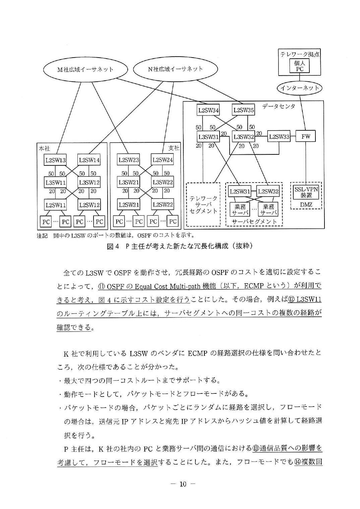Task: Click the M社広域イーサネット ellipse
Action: tap(85, 69)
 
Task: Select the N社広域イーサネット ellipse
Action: tap(175, 69)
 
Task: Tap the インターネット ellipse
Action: tap(300, 88)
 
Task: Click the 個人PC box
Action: tap(300, 66)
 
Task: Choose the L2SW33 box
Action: tap(279, 136)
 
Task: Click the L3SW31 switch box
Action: tap(208, 137)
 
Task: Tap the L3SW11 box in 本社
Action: tap(55, 183)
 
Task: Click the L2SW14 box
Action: tap(89, 160)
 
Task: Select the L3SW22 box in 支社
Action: tap(162, 182)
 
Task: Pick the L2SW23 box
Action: tap(128, 160)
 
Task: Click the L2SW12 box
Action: tap(89, 205)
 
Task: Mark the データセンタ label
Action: tap(279, 106)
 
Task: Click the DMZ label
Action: tap(306, 205)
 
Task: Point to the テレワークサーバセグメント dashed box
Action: tap(203, 204)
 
